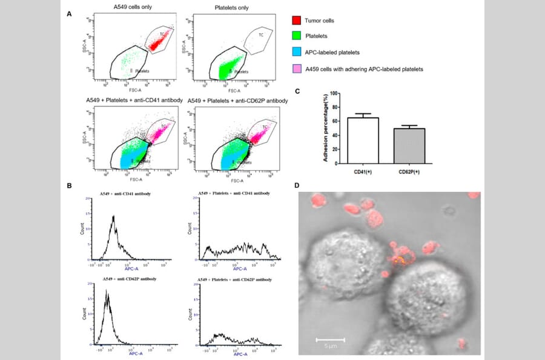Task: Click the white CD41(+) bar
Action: tap(363, 141)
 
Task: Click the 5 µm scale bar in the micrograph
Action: tap(331, 339)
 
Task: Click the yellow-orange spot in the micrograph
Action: tap(398, 261)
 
